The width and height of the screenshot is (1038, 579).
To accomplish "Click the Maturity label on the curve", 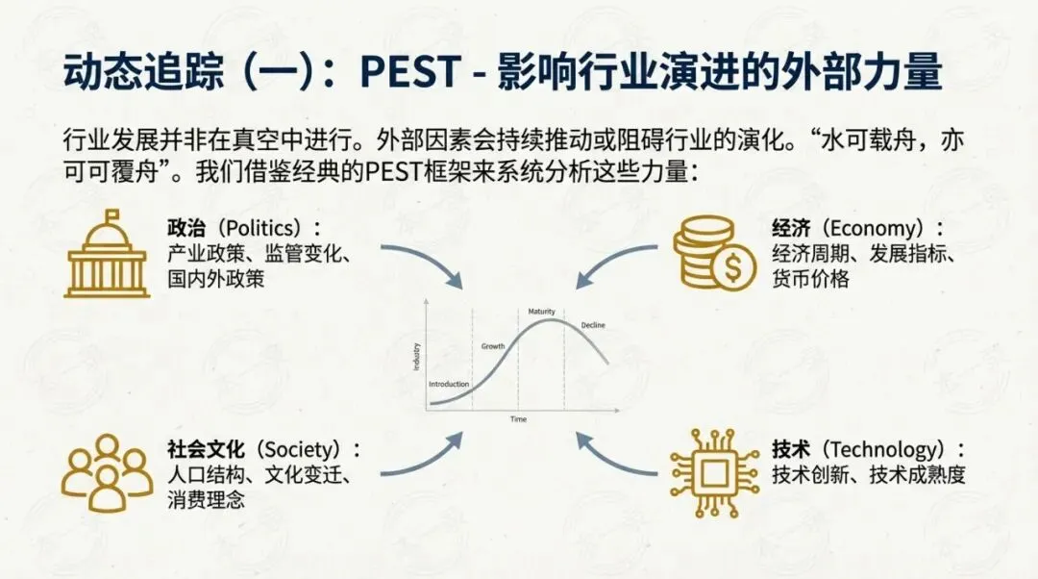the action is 543,312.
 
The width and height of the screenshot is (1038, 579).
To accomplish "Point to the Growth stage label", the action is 493,345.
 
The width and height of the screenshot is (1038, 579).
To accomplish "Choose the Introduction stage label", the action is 449,384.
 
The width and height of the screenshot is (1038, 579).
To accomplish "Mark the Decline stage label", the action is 593,326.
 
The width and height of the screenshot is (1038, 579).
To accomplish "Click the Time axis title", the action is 518,420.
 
